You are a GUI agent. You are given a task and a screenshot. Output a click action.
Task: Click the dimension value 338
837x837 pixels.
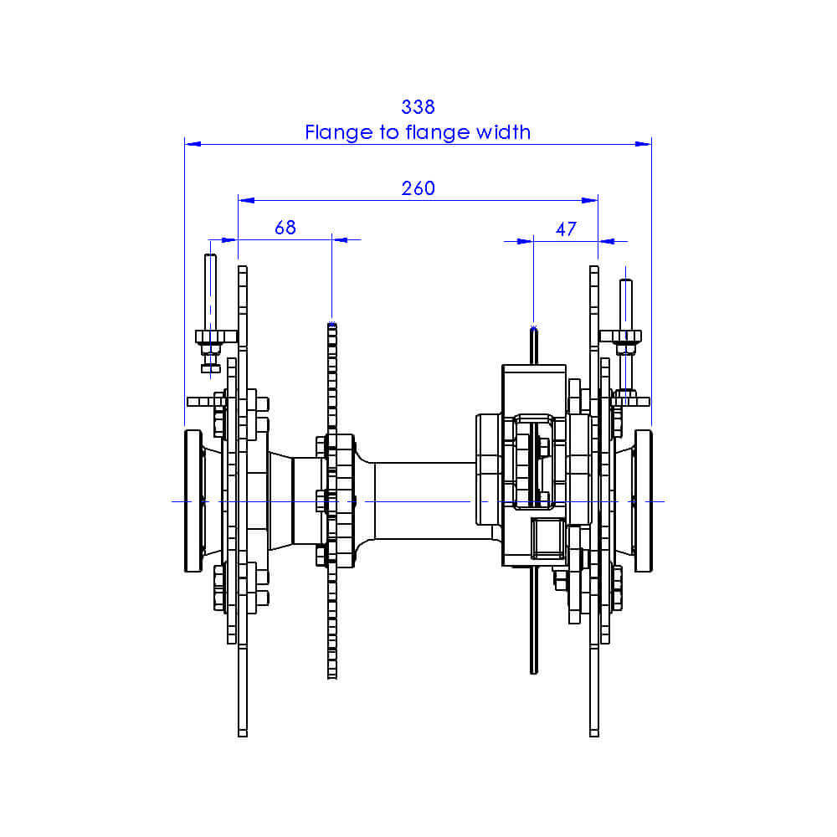(x=418, y=107)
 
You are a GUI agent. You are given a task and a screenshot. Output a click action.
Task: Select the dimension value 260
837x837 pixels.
(x=418, y=188)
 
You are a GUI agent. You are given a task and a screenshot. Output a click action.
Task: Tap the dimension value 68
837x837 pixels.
(x=285, y=228)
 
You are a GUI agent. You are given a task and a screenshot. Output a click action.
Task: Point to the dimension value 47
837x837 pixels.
(x=566, y=229)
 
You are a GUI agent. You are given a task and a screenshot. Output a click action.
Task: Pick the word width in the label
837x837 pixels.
(x=503, y=132)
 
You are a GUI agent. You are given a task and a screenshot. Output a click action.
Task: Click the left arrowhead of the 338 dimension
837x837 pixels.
(x=192, y=144)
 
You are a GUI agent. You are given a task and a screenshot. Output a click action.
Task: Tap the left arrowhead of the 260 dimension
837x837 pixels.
(x=245, y=200)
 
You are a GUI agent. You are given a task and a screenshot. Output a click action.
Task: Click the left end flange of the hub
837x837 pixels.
(x=193, y=501)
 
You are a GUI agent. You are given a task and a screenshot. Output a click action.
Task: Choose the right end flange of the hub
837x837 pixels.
(x=644, y=501)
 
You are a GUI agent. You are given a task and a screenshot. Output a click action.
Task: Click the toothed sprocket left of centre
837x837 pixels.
(x=332, y=586)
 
